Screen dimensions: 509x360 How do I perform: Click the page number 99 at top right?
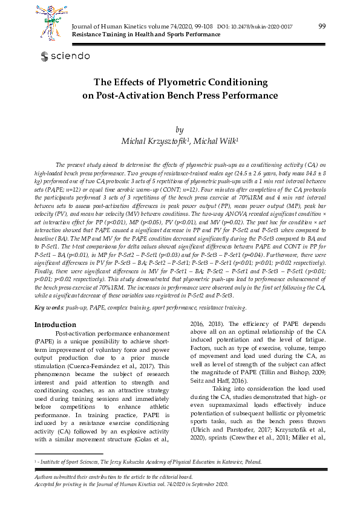pyautogui.click(x=322, y=25)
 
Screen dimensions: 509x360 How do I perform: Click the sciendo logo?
pyautogui.click(x=65, y=56)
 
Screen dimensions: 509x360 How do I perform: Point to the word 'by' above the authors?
pyautogui.click(x=179, y=129)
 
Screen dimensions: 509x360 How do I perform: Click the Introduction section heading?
pyautogui.click(x=55, y=325)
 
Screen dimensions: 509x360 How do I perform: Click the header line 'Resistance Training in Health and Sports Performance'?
pyautogui.click(x=146, y=35)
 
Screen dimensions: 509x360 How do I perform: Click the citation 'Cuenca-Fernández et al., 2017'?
pyautogui.click(x=106, y=366)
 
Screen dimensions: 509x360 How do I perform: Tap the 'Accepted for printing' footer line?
pyautogui.click(x=131, y=484)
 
